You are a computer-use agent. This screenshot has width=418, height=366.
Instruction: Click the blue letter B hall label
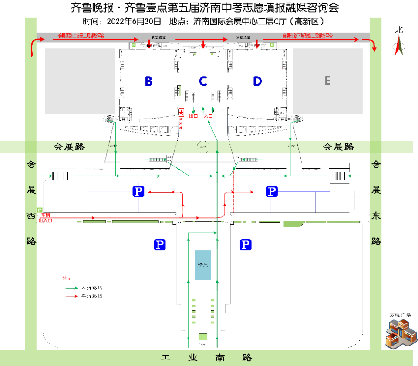tap(148, 81)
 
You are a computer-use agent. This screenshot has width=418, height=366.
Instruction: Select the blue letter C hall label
tap(203, 81)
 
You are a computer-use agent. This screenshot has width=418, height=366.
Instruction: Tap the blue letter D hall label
tap(257, 81)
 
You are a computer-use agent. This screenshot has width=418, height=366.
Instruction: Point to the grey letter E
tap(327, 80)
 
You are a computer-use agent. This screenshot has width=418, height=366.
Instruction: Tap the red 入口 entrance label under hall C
tap(208, 116)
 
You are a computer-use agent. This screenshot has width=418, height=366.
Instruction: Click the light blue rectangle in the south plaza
tap(202, 265)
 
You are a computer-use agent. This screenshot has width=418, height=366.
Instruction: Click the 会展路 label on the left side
tap(69, 146)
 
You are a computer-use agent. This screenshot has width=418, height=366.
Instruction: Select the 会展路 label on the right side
tap(338, 146)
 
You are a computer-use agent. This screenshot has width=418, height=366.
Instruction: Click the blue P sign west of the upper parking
tap(138, 191)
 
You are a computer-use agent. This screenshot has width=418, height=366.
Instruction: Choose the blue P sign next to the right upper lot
tap(272, 191)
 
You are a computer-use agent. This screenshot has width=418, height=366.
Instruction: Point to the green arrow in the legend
tap(71, 288)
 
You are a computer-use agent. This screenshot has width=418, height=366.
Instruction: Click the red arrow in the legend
tap(71, 296)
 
